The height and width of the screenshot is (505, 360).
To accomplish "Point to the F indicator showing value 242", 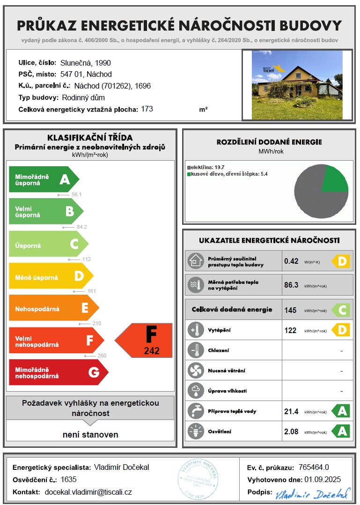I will (x=146, y=341).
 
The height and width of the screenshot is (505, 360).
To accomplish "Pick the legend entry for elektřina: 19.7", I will (x=206, y=167).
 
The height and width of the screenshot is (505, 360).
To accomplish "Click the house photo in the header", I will (x=297, y=85).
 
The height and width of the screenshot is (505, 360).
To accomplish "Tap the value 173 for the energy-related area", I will (x=147, y=109).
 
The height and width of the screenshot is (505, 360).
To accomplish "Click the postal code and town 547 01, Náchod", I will (x=86, y=74).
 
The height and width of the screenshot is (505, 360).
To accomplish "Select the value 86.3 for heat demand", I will (x=291, y=285).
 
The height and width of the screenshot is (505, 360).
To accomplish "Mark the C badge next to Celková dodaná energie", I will (x=341, y=310).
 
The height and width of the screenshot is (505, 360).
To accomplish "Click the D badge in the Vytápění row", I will (x=341, y=330).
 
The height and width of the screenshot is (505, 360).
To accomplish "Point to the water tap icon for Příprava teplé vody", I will (x=195, y=411).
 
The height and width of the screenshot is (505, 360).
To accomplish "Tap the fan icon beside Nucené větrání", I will (x=195, y=371).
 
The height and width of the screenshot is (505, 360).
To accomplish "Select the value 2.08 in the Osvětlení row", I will (x=291, y=431).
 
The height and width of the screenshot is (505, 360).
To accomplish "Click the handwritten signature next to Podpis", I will (x=312, y=493).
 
